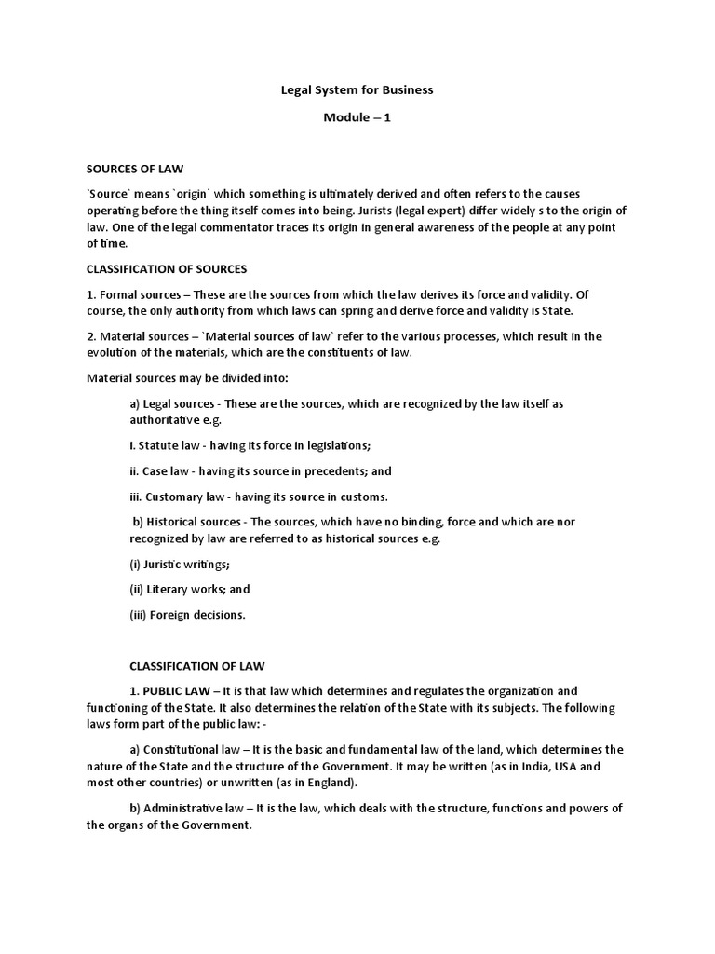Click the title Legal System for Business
point(357,90)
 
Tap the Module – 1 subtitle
point(357,118)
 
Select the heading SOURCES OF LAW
point(135,169)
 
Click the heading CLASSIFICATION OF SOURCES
point(167,269)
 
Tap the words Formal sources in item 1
point(134,294)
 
